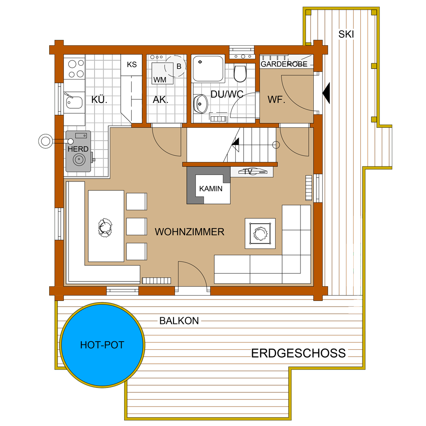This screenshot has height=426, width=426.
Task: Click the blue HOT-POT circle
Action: click(x=102, y=345)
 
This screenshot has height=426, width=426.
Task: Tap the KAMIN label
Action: click(x=210, y=189)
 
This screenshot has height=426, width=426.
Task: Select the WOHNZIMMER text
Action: click(x=189, y=232)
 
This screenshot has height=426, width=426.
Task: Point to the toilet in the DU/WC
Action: click(x=240, y=74)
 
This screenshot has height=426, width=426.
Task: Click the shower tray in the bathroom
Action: click(x=208, y=69)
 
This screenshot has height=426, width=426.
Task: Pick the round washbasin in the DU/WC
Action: click(x=201, y=104)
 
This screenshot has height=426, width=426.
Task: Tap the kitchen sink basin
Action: click(x=74, y=102)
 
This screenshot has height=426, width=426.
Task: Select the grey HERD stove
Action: click(x=79, y=151)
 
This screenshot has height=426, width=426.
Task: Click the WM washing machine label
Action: click(x=160, y=80)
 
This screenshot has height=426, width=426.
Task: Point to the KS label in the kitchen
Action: click(x=132, y=65)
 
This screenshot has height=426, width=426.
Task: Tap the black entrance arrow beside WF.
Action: click(x=326, y=93)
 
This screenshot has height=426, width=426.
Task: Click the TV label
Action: click(x=248, y=172)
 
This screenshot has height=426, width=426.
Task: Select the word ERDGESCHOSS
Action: click(x=298, y=354)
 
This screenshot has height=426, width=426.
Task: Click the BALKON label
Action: click(x=179, y=321)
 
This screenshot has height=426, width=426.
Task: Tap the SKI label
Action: click(x=346, y=34)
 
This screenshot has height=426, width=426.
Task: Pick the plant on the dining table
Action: click(x=105, y=228)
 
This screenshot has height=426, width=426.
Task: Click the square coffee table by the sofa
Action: click(x=260, y=233)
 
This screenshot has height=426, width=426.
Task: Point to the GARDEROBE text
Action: click(x=284, y=64)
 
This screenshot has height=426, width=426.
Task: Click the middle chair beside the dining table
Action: click(x=137, y=226)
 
